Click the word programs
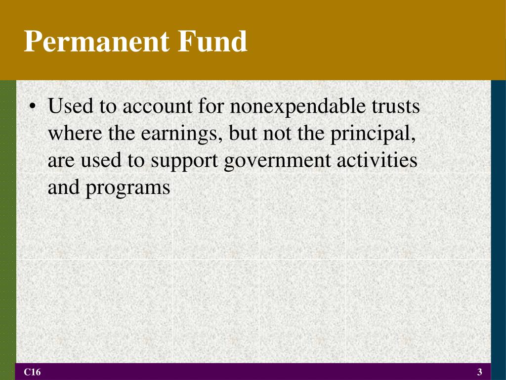[x=128, y=189]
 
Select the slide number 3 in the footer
[x=479, y=372]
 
